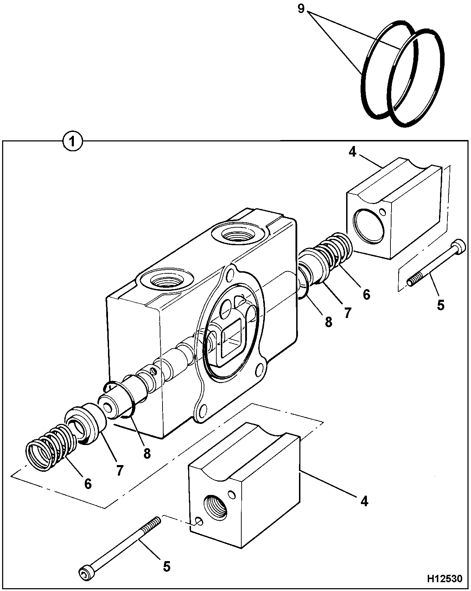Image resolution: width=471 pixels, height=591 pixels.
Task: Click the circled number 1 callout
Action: (x=73, y=142)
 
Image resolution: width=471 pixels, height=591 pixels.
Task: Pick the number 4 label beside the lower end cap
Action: (x=364, y=501)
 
